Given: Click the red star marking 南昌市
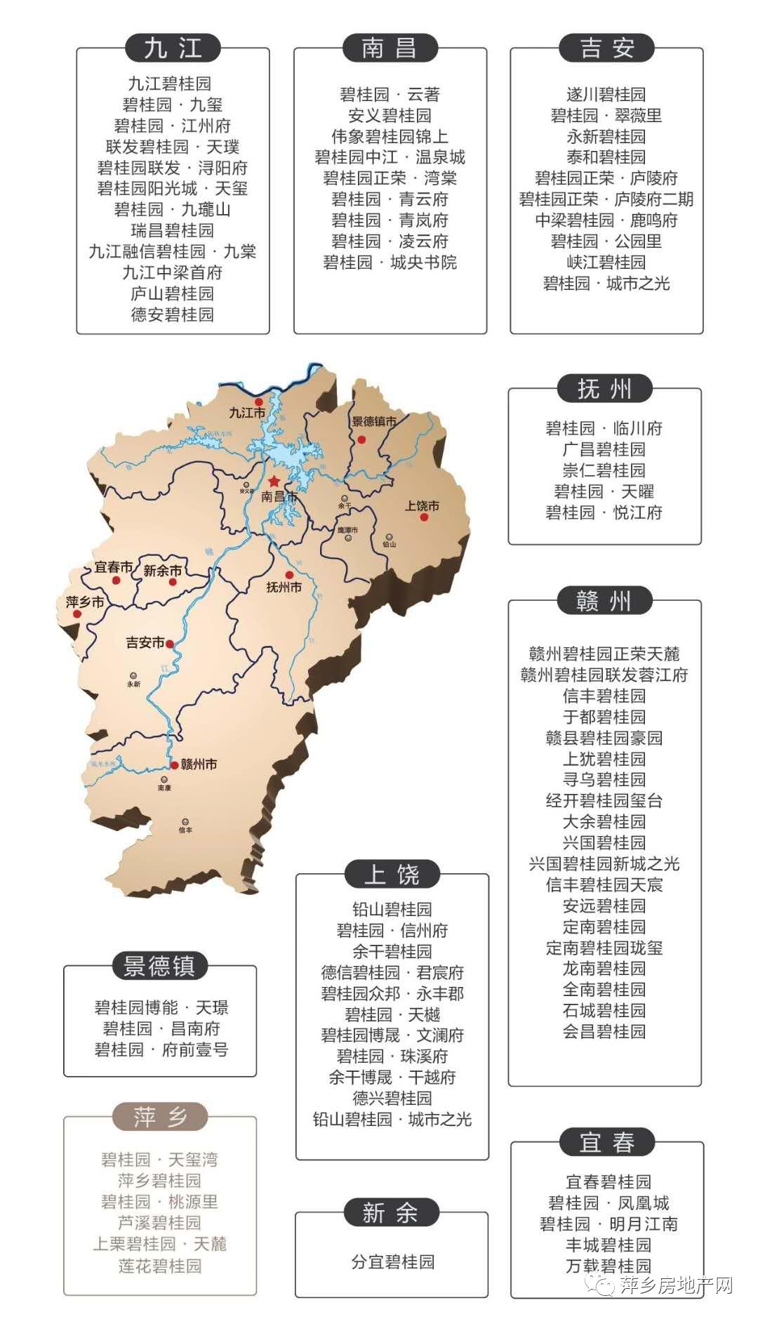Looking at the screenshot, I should point(273,482).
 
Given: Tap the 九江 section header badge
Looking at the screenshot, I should point(173,48).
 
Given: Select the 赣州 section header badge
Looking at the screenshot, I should point(604,602).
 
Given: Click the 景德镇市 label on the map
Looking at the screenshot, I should point(373,422).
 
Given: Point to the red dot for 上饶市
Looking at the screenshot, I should point(424,517).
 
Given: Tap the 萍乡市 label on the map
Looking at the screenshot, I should point(85,602).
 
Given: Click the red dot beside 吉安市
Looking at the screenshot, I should point(170,643).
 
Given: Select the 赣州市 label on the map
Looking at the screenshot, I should point(199,764).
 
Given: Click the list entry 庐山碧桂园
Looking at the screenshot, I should point(172,293).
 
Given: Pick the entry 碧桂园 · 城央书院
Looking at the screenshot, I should point(390,263).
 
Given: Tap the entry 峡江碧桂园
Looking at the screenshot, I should point(606,263).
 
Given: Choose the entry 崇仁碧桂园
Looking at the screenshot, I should point(604,470).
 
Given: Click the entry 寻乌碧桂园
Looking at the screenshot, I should point(604,779).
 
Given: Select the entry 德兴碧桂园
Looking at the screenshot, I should point(392,1098).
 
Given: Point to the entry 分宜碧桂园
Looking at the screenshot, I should point(392,1261).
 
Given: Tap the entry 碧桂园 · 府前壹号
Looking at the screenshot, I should point(161,1049).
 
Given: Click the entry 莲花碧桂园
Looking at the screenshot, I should point(160,1266).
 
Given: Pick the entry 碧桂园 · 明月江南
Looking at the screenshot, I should point(609,1224).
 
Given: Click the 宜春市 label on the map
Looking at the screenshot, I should point(114,566).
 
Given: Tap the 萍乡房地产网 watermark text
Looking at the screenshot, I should point(676,1285).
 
